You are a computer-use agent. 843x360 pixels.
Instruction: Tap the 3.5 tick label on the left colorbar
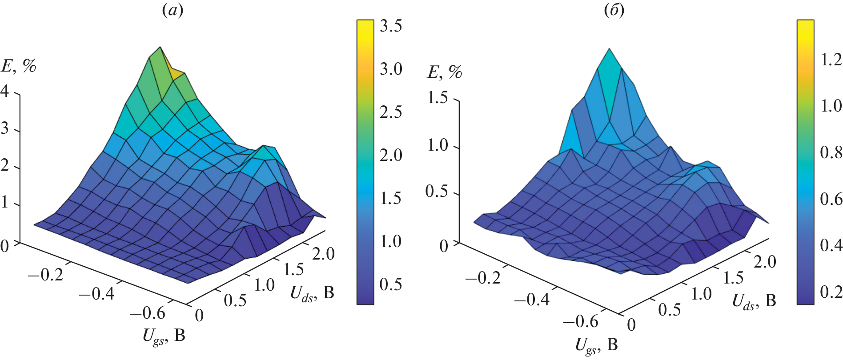click(391, 26)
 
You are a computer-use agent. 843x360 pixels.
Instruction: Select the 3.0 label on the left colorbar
click(391, 69)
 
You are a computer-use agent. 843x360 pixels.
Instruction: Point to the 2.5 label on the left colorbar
click(391, 112)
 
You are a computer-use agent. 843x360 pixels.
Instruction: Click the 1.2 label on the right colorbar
click(831, 60)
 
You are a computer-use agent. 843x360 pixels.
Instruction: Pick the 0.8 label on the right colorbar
click(831, 152)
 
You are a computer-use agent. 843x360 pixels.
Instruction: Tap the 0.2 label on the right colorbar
click(831, 292)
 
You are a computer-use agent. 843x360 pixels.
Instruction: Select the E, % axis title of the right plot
click(445, 72)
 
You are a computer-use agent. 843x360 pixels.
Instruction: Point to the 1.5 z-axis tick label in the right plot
click(438, 98)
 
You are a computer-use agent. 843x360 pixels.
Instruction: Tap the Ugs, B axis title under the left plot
click(164, 336)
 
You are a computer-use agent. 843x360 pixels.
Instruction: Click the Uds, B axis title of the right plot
click(754, 302)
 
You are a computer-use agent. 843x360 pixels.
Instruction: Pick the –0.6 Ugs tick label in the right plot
click(581, 321)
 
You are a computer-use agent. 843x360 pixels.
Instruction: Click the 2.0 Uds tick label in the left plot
click(323, 254)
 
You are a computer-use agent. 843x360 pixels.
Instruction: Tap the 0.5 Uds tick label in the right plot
click(669, 310)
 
